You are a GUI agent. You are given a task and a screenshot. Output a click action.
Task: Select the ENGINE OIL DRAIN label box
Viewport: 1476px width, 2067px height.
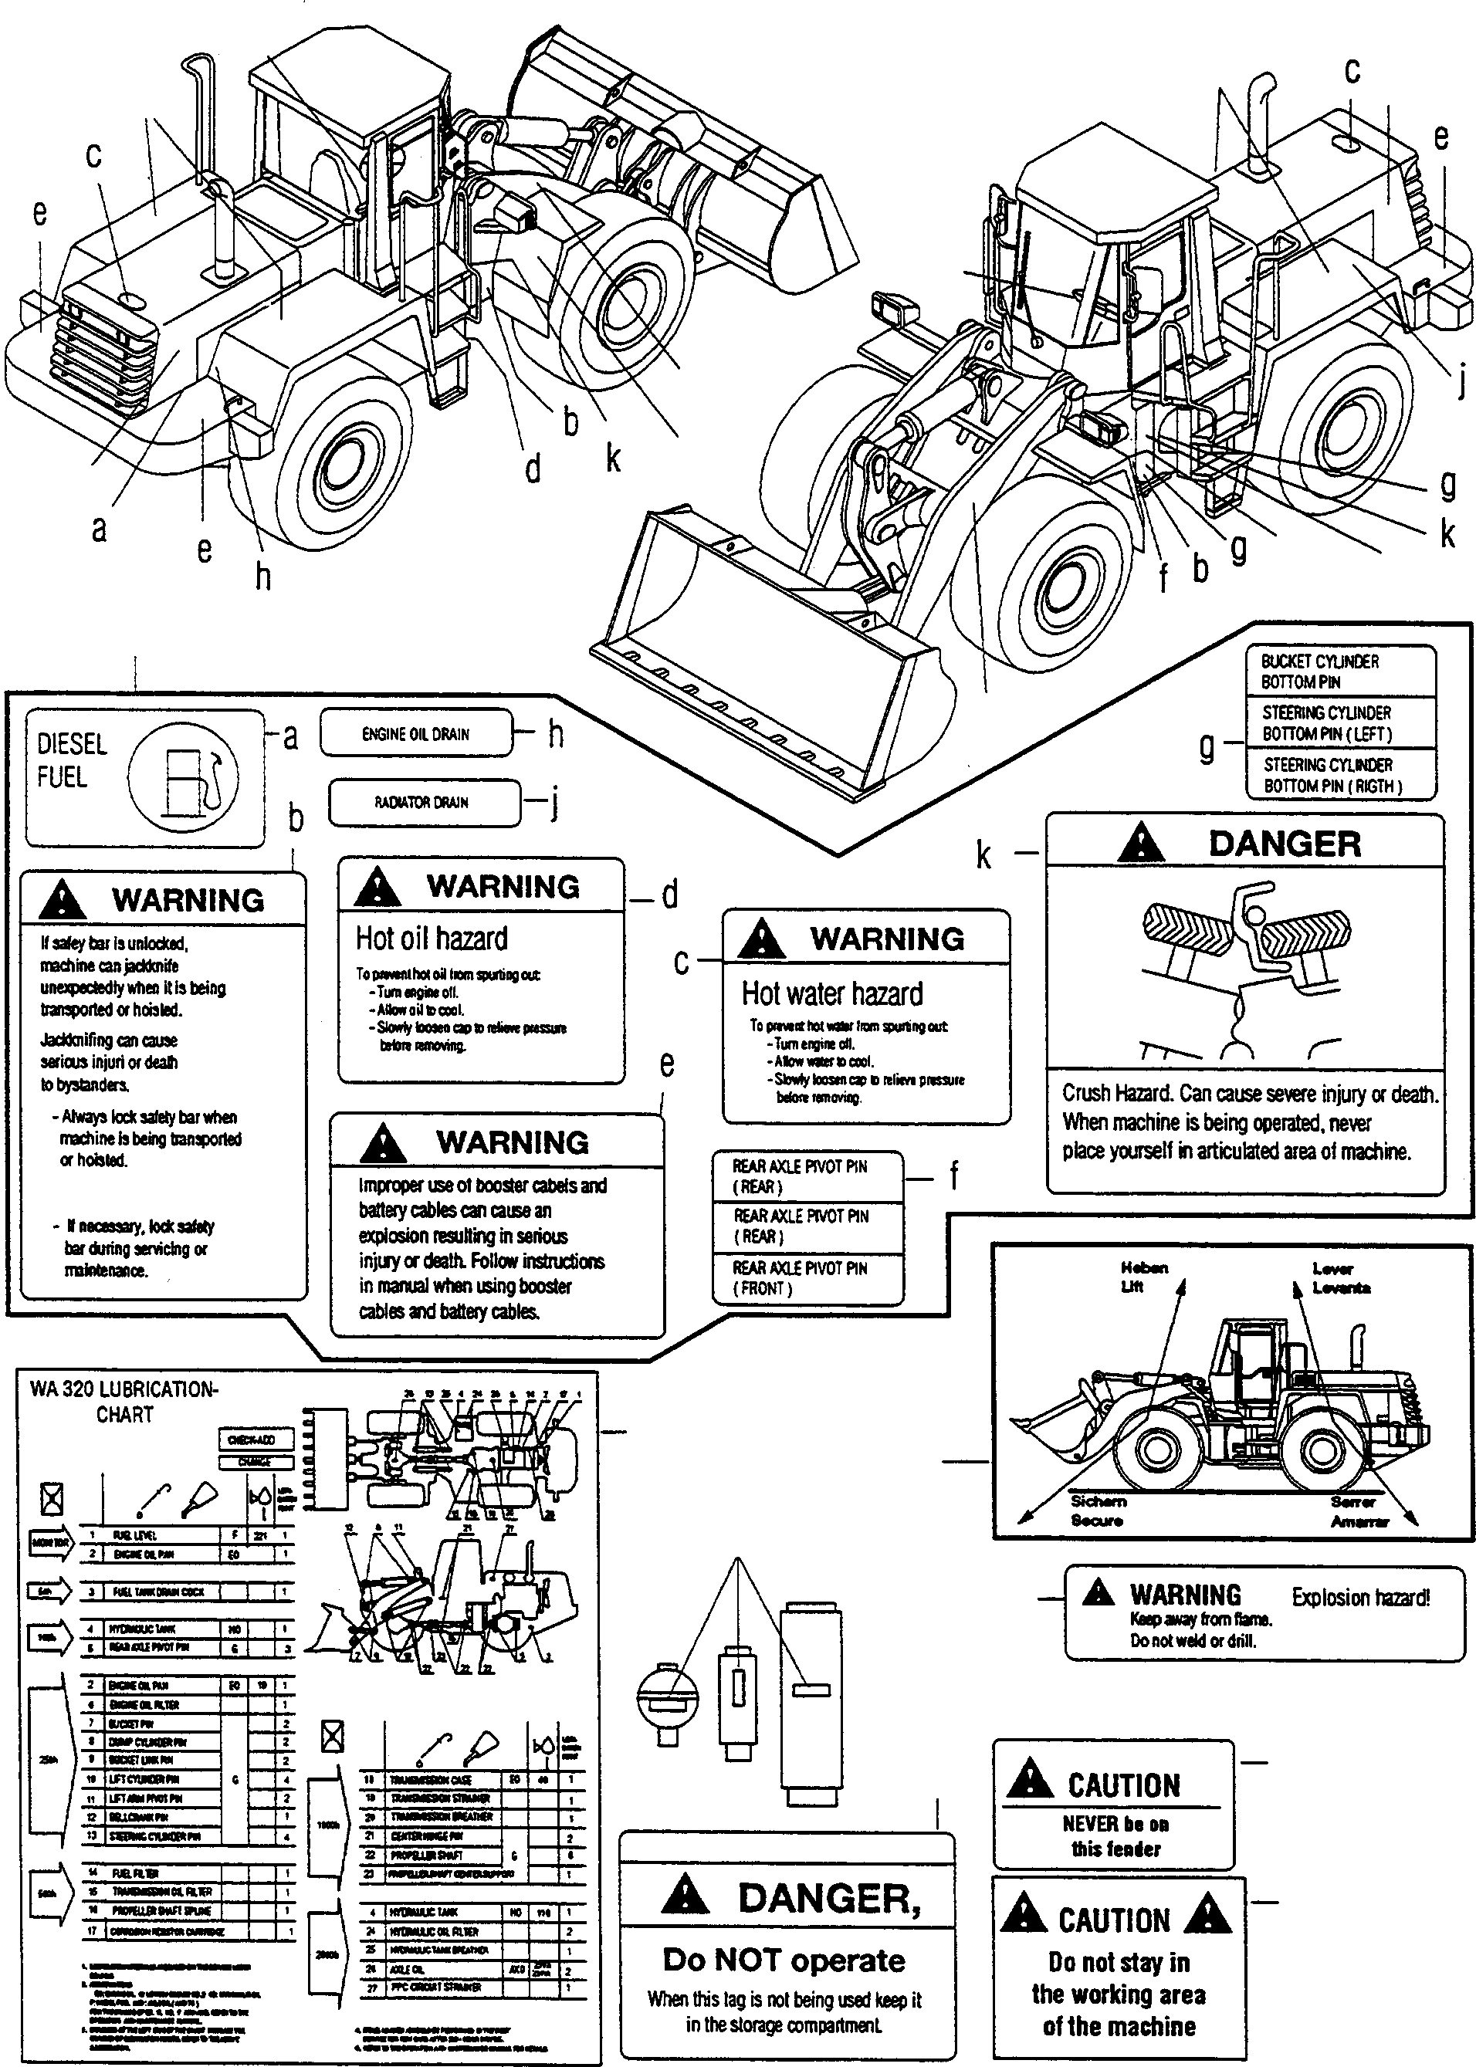(x=416, y=733)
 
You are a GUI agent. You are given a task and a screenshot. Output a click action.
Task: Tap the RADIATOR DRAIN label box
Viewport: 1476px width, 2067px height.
(x=424, y=802)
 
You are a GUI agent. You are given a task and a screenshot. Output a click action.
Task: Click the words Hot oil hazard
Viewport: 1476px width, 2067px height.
(x=431, y=939)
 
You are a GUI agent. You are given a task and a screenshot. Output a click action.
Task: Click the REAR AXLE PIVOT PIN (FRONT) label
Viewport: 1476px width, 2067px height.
(x=800, y=1277)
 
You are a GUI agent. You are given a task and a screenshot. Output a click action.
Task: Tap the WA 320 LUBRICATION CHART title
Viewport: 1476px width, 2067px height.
(x=124, y=1401)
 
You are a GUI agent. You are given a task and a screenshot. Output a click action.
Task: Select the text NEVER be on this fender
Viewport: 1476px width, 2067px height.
(x=1116, y=1835)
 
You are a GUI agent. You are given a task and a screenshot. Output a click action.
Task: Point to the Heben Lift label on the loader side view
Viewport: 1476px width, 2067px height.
(x=1143, y=1277)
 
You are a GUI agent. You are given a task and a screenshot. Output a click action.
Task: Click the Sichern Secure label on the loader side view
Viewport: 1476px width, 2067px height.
(x=1098, y=1511)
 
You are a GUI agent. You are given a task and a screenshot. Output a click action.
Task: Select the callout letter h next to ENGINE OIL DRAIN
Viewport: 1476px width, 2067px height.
(x=555, y=734)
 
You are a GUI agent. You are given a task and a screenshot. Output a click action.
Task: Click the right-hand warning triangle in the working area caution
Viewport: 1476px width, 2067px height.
(x=1209, y=1913)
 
